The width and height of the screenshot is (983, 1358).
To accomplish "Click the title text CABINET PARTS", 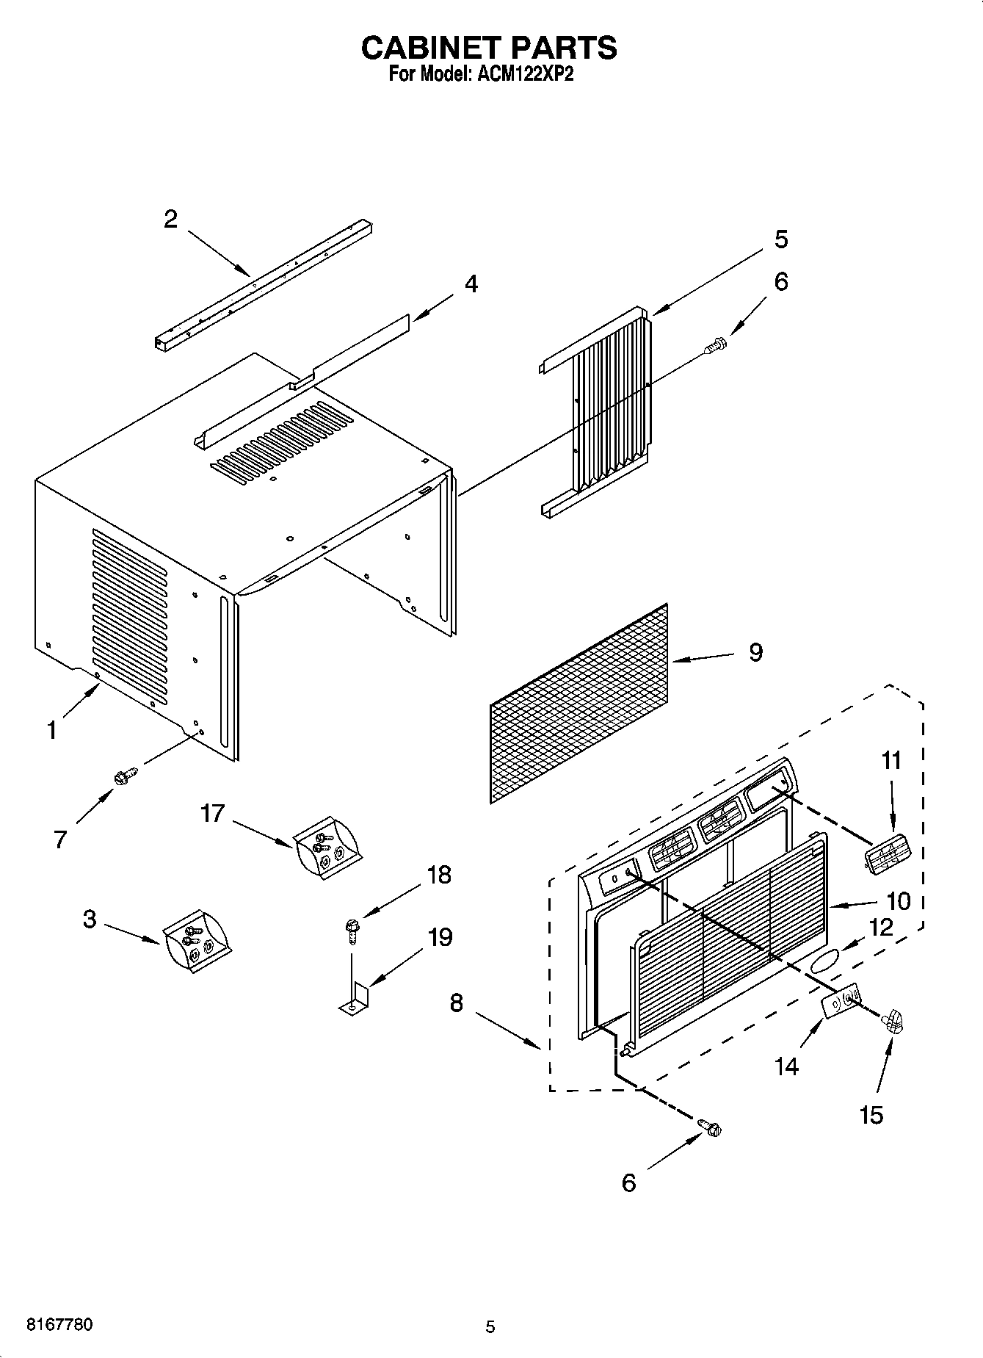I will (489, 48).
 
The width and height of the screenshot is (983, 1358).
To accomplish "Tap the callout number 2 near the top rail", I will (170, 219).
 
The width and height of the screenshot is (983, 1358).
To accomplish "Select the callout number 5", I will (780, 239).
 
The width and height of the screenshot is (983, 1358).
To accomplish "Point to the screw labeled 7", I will (125, 775).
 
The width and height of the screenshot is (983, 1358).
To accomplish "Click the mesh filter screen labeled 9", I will (580, 703).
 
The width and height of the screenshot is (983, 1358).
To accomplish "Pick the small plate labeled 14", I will (842, 1003).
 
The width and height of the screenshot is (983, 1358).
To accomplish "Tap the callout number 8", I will (457, 1003).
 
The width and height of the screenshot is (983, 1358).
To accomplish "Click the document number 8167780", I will (59, 1325).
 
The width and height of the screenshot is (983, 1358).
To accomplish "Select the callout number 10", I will (899, 901).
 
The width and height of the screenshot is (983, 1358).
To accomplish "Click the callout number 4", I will (471, 284).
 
